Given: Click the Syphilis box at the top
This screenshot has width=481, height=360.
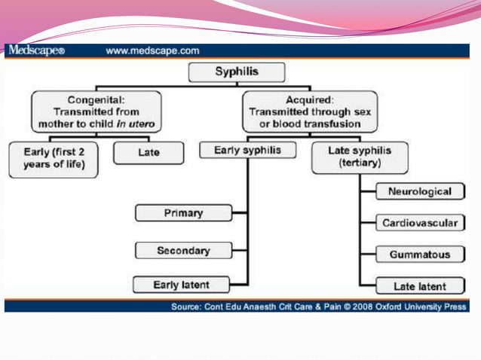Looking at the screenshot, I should (x=236, y=73).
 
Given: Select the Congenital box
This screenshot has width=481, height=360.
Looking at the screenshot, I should (x=96, y=111).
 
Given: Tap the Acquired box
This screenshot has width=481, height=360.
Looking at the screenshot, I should (x=311, y=111).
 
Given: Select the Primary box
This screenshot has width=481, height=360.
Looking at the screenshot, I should (x=183, y=213).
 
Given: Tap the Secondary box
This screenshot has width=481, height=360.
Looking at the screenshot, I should (x=183, y=250).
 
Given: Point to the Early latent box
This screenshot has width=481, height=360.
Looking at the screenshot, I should (x=182, y=285).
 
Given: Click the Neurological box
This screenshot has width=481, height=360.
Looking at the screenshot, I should (x=419, y=191).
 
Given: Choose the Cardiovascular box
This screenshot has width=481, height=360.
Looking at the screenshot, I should (x=419, y=223).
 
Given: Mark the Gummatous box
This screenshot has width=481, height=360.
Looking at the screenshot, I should (x=419, y=255).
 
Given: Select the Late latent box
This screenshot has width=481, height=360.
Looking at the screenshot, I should (x=419, y=286).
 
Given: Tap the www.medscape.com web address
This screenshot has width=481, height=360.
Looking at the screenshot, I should (x=152, y=51).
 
